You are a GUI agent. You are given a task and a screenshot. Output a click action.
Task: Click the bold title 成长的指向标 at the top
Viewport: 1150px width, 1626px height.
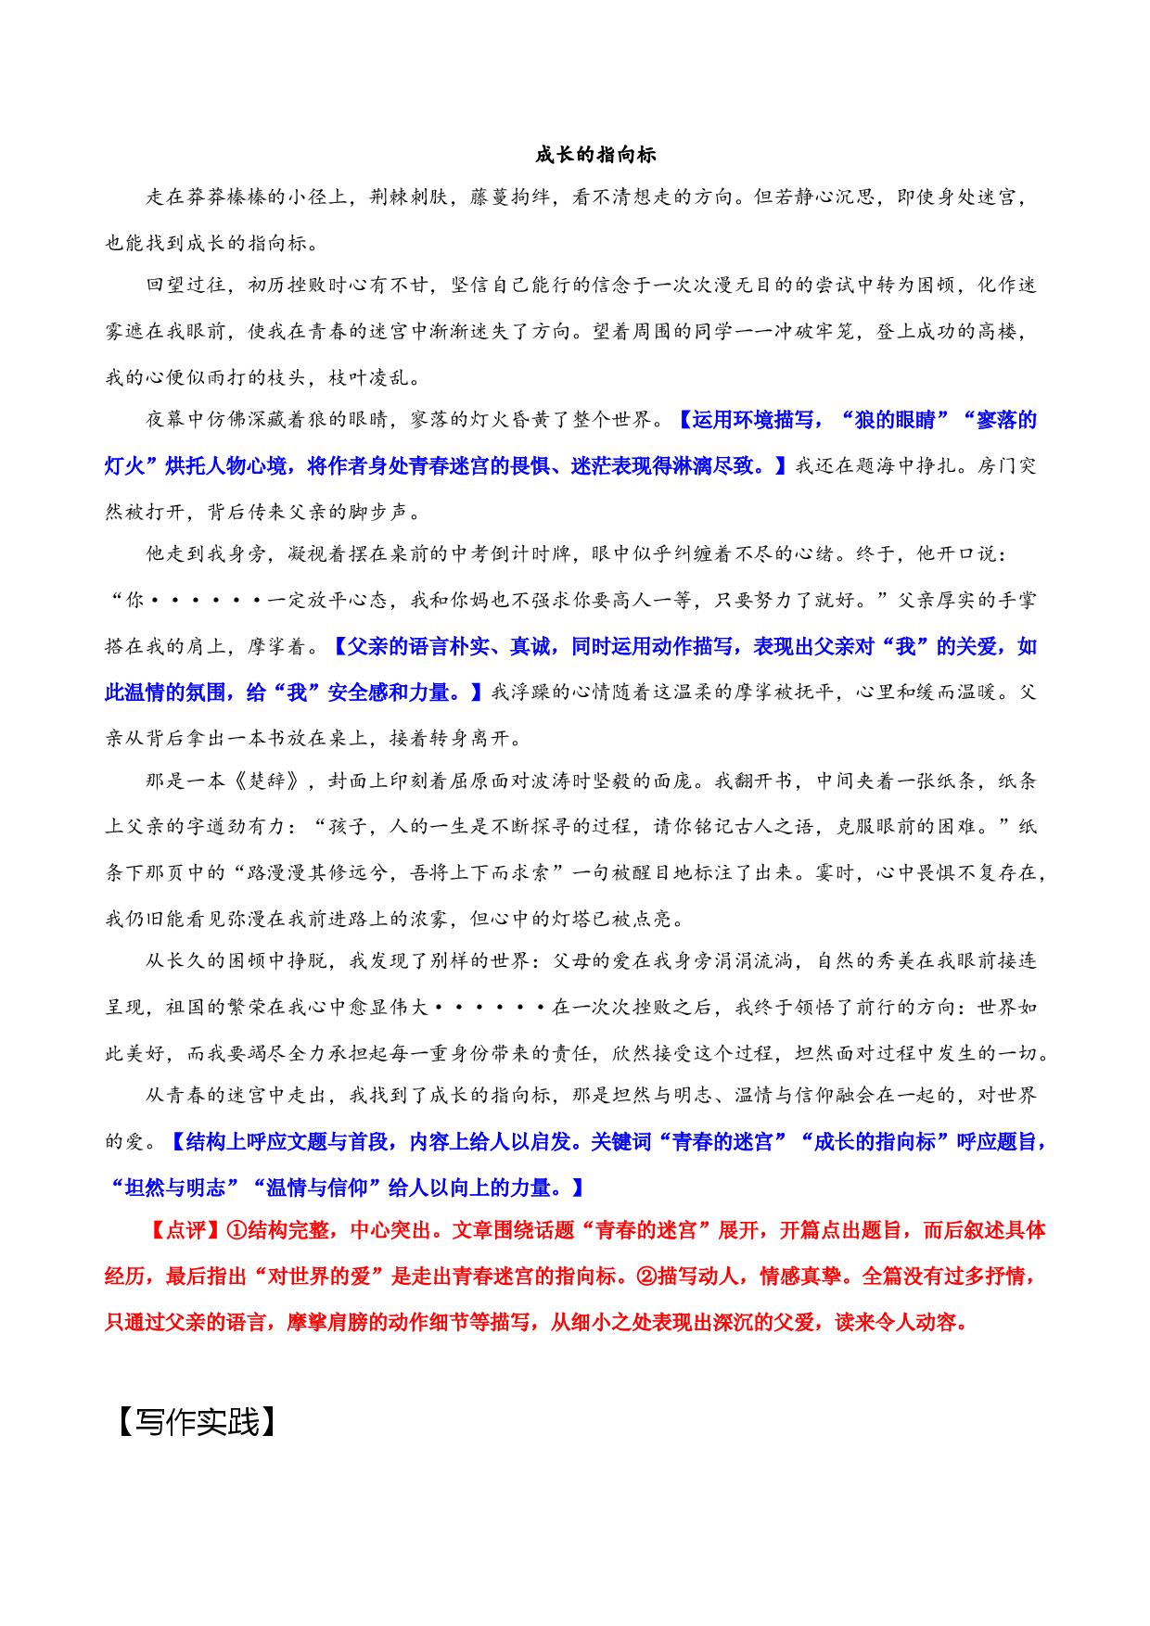click(x=595, y=155)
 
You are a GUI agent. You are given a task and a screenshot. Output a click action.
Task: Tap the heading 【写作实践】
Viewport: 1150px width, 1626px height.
click(x=197, y=1421)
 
